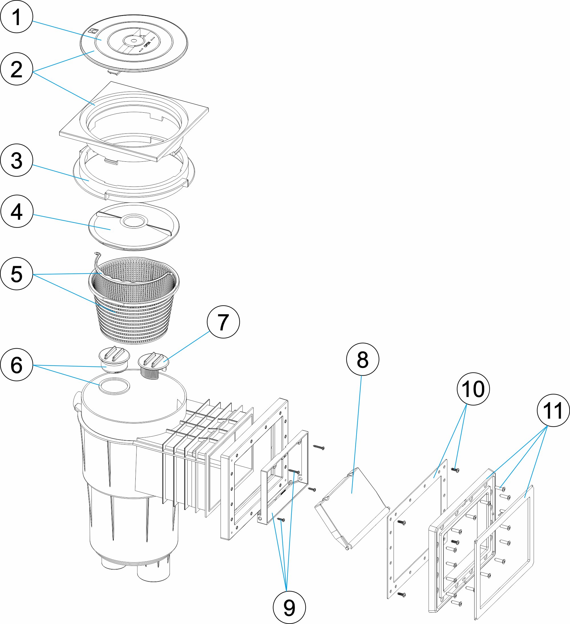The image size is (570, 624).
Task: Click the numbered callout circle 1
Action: coord(17,17)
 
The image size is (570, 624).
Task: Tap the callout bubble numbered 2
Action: coord(17,69)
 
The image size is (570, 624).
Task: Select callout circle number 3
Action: coord(17,160)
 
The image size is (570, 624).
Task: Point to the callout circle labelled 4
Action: coord(17,211)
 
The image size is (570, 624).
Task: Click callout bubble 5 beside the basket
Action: coord(17,273)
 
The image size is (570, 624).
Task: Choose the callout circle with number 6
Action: coord(17,365)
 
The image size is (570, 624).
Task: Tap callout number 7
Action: coord(223,322)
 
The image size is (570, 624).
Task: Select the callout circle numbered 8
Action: coord(363,359)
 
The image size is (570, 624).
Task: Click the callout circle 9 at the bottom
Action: coord(289,607)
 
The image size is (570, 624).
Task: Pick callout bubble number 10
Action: coord(473,389)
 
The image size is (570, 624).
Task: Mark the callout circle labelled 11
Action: coord(553,410)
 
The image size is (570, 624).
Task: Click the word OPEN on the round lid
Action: coord(148,45)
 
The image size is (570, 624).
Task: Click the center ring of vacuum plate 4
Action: coord(134,221)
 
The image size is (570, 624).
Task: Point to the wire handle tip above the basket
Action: coord(96,254)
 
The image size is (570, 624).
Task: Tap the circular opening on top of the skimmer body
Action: coord(114,386)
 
